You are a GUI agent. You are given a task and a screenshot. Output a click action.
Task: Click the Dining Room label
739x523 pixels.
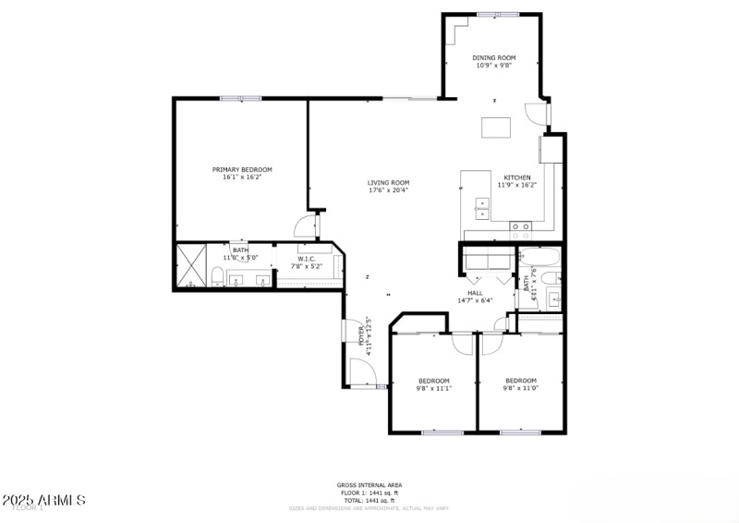coord(493,57)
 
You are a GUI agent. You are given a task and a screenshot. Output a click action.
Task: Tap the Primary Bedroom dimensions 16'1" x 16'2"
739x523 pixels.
coord(242,177)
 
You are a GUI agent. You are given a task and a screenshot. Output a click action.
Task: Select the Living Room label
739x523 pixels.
coord(388,183)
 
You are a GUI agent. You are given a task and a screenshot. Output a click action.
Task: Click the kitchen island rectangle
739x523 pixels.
coord(495,128)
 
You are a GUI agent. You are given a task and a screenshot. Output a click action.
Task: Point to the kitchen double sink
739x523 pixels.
coord(481,207)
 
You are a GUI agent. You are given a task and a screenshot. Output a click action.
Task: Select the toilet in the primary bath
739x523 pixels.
coord(215,276)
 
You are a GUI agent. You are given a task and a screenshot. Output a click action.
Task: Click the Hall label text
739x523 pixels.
coord(475,293)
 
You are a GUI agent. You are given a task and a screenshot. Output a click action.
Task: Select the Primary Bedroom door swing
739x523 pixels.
coord(303,226)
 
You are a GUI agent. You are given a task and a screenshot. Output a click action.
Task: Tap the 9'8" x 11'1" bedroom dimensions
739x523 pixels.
coord(433,389)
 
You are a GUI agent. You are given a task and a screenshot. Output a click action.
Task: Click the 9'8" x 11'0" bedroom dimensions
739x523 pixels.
coord(520,388)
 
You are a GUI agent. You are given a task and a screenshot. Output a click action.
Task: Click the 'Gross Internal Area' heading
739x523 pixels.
coord(369,485)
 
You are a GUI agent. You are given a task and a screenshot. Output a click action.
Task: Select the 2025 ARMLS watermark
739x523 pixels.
coord(43,500)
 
